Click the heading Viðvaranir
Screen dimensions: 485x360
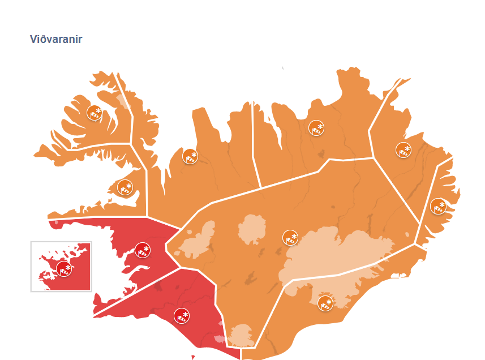pos(56,40)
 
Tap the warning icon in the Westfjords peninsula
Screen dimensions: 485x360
pos(94,113)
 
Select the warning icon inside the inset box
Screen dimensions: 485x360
pos(64,269)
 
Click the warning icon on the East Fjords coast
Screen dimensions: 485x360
pos(438,206)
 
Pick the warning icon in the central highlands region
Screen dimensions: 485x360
pos(290,238)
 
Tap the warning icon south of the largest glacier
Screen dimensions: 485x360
pos(325,303)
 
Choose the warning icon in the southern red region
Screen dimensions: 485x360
pos(182,316)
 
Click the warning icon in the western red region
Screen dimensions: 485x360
pos(143,251)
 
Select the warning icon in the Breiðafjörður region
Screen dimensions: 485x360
pos(125,187)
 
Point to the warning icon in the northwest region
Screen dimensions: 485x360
pos(190,156)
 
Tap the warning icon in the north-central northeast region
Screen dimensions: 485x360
pos(316,128)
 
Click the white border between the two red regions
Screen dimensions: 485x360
pos(136,290)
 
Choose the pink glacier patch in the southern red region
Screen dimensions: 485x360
pos(220,339)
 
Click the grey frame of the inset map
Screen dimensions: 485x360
pos(31,266)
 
